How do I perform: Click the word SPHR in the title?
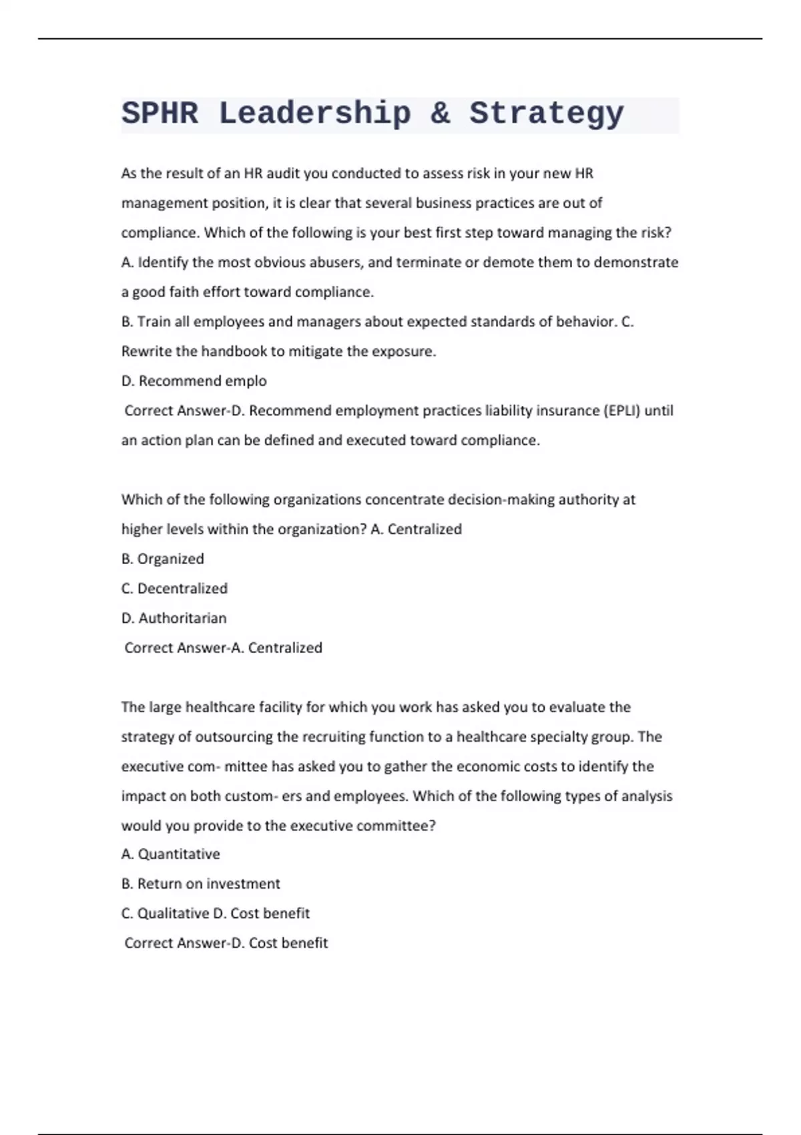coord(160,113)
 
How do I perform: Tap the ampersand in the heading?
coord(440,113)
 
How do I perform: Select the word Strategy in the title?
coord(546,113)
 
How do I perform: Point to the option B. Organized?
coord(162,559)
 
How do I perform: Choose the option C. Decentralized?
coord(174,588)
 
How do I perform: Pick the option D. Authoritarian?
coord(174,618)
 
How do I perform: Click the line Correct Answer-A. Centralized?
coord(223,648)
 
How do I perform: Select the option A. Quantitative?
coord(170,854)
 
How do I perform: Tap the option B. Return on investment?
coord(200,883)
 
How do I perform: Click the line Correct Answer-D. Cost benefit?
coord(226,943)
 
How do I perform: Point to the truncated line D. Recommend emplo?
coord(194,381)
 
